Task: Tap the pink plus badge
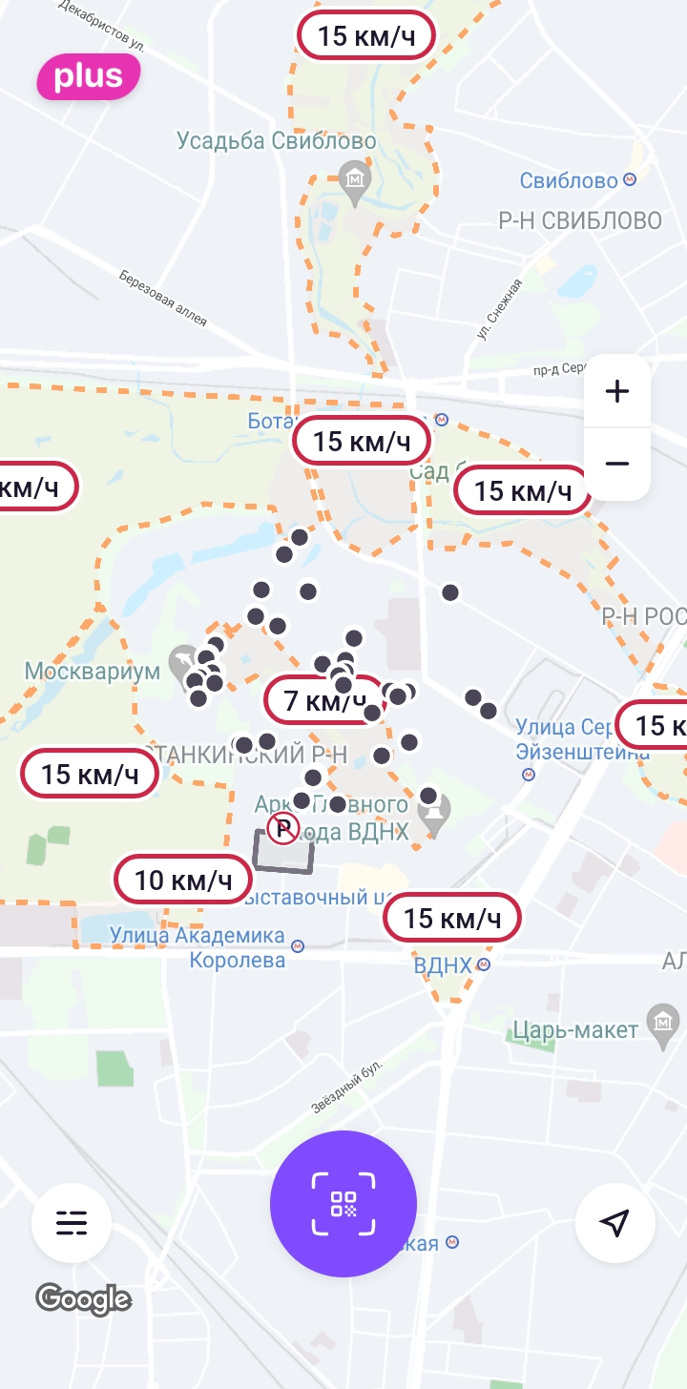coord(88,77)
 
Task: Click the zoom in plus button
coord(617,391)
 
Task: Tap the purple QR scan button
coord(343,1204)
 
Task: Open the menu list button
coord(72,1222)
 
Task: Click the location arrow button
coord(615,1222)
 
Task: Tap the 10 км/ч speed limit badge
coord(183,880)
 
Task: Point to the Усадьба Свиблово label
coord(277,141)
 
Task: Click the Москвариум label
coord(93,672)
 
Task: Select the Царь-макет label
coord(575,1030)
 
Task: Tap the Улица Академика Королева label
coord(198,947)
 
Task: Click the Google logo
coord(83,1298)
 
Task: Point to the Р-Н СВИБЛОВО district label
coord(580,221)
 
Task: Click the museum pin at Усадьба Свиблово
coord(356,180)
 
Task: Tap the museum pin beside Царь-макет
coord(661,1021)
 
